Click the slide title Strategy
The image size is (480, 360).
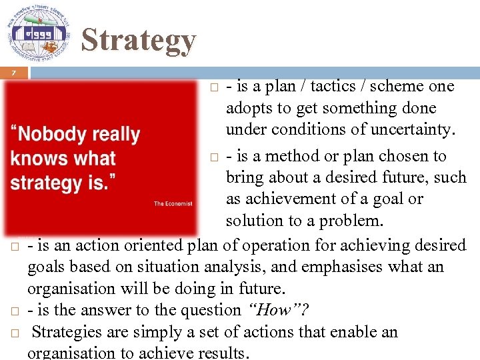coord(138,40)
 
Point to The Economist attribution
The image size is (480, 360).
coord(173,203)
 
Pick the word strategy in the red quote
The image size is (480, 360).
coord(44,182)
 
